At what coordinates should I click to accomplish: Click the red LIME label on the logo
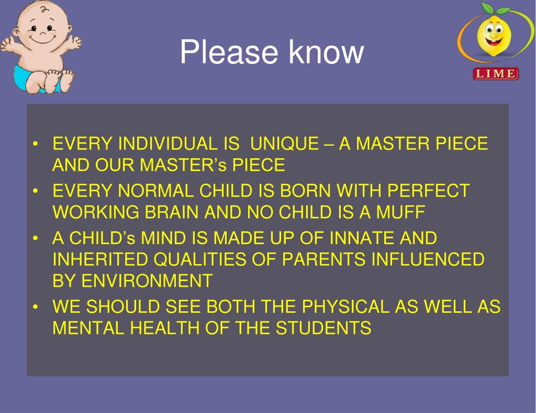coord(496,73)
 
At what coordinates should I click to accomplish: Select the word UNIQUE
coord(284,144)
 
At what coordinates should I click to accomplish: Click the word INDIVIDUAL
coord(168,144)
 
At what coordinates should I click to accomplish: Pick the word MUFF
coord(400,212)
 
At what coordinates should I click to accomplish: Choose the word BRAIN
coord(171,212)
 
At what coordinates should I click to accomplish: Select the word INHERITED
coord(100,259)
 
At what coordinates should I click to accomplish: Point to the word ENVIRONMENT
coord(147,280)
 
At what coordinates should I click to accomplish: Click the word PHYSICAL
coord(345,306)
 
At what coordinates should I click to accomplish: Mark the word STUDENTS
coord(323,328)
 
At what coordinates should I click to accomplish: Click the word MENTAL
coord(88,328)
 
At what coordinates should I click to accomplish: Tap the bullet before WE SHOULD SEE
coord(35,307)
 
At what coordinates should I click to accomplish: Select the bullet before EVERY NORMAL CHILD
coord(35,191)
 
